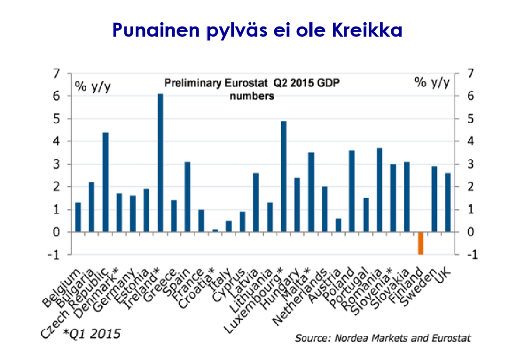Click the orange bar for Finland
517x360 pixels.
tap(420, 243)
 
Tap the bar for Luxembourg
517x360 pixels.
tap(283, 176)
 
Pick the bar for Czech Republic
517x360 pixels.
tap(106, 182)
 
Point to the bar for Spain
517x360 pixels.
tap(187, 196)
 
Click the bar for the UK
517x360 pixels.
tap(447, 202)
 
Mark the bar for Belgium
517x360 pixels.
tap(78, 217)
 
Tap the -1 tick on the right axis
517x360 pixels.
tap(470, 255)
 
